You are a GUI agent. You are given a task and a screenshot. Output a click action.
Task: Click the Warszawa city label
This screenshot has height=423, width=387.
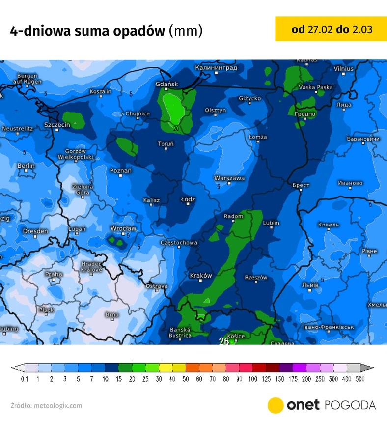coord(229,178)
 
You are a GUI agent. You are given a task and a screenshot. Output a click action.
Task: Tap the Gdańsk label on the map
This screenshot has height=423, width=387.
coord(166,85)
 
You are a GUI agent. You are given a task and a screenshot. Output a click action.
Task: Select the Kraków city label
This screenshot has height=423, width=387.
coord(200,276)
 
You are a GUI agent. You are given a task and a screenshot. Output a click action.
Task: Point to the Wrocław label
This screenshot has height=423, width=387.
coord(123,229)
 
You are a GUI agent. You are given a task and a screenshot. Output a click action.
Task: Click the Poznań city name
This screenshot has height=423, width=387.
coord(121,171)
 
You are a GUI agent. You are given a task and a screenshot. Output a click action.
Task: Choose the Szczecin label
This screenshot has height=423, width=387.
coord(57,125)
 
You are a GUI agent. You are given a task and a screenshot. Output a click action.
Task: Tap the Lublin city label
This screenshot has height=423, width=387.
coord(271,223)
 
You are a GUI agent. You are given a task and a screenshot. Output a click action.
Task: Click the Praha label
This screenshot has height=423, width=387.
coord(54,274)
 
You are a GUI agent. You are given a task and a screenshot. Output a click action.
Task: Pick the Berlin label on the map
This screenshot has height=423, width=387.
coord(26,166)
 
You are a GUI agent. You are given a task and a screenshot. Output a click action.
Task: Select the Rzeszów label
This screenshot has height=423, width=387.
coord(256,278)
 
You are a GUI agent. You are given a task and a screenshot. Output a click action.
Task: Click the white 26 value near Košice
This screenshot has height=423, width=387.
coord(223,341)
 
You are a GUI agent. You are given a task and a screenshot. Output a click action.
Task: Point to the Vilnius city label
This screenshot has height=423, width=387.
coord(343,69)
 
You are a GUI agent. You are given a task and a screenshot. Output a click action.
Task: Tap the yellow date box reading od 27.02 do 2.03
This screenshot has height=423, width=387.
coord(331,29)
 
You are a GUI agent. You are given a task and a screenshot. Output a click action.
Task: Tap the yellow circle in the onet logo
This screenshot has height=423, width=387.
coord(276,405)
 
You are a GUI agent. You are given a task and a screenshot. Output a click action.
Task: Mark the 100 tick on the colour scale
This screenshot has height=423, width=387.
coord(252,379)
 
